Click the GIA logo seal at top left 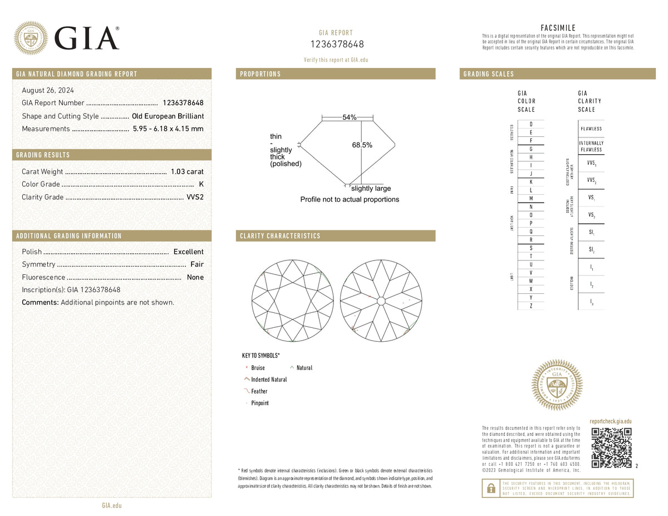(31, 38)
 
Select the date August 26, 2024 (48, 90)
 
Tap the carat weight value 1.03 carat (187, 171)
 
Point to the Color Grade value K (201, 184)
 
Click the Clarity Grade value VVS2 (195, 197)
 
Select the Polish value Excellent (188, 252)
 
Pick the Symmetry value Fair (197, 264)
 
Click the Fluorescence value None (195, 277)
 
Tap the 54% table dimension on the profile (349, 117)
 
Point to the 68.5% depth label (362, 145)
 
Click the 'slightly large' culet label (371, 189)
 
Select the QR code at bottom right (611, 448)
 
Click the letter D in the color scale (531, 124)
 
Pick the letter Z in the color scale (531, 306)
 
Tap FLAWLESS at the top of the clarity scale (591, 129)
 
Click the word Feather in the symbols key (259, 391)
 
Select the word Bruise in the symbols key (258, 368)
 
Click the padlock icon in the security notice (490, 488)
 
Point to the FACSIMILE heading (558, 28)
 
